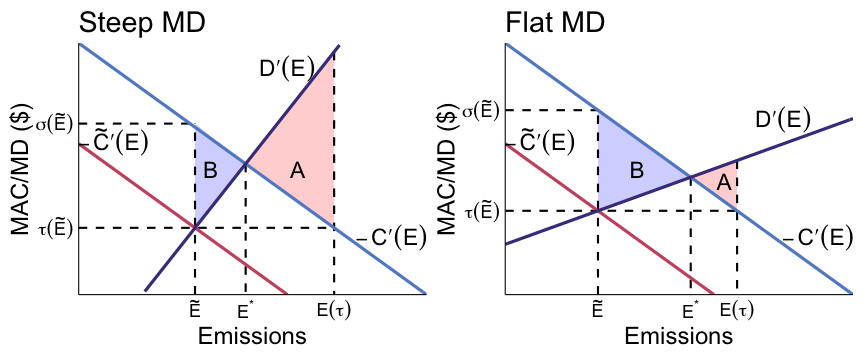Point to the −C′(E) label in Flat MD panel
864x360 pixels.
click(x=817, y=238)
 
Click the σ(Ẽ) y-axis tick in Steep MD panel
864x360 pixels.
click(x=57, y=124)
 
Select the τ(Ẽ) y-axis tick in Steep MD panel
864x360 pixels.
click(x=57, y=228)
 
